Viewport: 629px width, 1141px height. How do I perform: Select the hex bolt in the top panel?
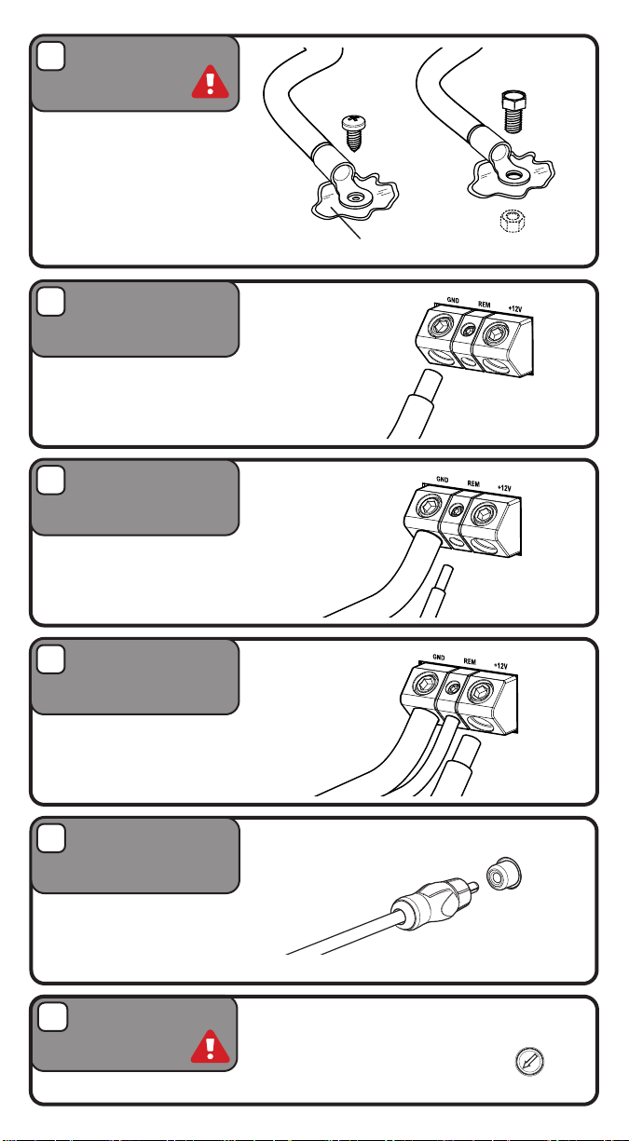(513, 112)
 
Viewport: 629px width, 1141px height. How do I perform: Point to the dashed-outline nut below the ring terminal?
(513, 221)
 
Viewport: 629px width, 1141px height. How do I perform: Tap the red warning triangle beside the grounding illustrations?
(210, 82)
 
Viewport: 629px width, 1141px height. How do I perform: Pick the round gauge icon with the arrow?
(529, 1062)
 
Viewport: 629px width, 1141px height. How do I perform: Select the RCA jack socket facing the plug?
(503, 874)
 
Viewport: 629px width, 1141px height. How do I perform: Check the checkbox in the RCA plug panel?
(51, 838)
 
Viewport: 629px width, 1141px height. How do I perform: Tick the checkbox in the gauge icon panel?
(52, 1017)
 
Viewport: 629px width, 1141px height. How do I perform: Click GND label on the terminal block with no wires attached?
(453, 301)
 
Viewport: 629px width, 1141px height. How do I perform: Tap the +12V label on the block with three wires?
(500, 666)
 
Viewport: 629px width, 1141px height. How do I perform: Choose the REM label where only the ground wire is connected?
(473, 483)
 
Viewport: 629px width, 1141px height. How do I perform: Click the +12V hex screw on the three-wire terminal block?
(479, 692)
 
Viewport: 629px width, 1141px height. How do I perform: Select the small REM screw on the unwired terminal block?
(468, 331)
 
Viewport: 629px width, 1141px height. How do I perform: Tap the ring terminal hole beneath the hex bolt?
(513, 176)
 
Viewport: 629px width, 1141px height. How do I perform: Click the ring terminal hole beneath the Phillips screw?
(353, 197)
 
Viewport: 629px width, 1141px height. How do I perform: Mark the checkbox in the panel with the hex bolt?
(50, 56)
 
